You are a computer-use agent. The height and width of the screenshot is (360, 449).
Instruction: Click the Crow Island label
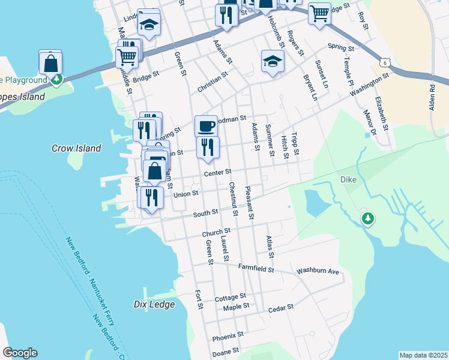76,148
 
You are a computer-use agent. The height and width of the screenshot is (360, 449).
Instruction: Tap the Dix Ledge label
154,304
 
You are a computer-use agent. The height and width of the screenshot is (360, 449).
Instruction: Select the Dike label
349,179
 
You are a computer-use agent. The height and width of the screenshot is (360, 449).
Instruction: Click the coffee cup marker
206,126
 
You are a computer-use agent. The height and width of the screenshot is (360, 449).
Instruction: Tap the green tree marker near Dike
367,220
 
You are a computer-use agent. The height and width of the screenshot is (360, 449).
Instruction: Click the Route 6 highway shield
385,62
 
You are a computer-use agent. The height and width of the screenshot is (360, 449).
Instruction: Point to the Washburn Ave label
318,272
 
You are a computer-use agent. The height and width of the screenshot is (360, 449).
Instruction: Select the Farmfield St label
256,268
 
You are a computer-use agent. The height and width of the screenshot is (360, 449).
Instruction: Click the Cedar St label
280,307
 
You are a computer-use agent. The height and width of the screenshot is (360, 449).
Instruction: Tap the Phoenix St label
228,334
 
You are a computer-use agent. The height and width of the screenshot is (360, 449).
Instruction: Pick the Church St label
216,232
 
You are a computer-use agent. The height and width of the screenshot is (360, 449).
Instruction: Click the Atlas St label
270,247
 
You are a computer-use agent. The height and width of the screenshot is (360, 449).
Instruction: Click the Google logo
20,353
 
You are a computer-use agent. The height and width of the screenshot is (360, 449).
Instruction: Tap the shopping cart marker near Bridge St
127,58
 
